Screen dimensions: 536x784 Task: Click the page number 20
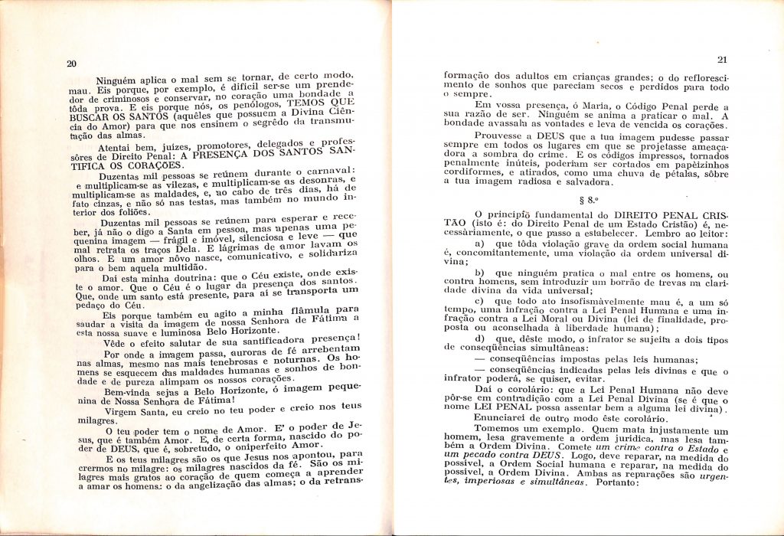pos(71,64)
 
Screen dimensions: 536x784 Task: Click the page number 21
pos(721,60)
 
